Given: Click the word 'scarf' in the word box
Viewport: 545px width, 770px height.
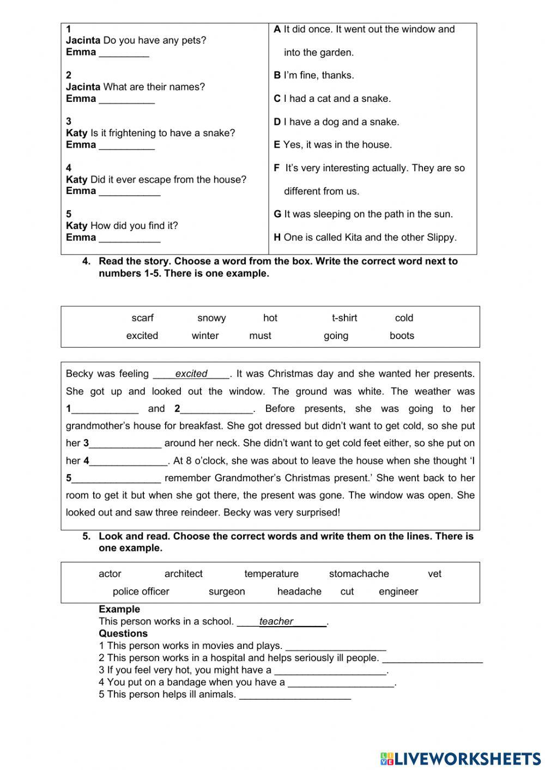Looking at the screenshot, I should pyautogui.click(x=142, y=318).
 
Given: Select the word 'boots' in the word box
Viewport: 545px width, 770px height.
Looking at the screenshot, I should pyautogui.click(x=402, y=336).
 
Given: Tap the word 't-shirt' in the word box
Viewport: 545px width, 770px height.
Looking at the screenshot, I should pyautogui.click(x=344, y=318).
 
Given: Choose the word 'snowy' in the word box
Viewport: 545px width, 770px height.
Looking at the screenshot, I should pyautogui.click(x=211, y=318).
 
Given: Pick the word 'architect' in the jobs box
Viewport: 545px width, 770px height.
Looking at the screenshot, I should pyautogui.click(x=183, y=574).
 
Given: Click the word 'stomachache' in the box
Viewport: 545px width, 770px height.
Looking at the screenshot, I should pyautogui.click(x=359, y=574).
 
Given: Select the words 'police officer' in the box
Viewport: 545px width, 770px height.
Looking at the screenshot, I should pyautogui.click(x=141, y=591).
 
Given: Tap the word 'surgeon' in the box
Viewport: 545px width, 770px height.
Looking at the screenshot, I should pyautogui.click(x=227, y=591).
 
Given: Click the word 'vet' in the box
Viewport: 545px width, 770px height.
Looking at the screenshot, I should pyautogui.click(x=434, y=574).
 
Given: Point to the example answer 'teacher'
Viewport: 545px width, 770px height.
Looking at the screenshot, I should pyautogui.click(x=276, y=621).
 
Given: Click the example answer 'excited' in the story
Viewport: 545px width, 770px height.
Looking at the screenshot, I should pyautogui.click(x=191, y=374).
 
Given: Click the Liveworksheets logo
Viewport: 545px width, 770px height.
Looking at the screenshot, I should pyautogui.click(x=461, y=757).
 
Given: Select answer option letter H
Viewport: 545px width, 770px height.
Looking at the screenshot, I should pyautogui.click(x=277, y=237).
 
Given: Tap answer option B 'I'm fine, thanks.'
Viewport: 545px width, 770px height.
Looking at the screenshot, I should pyautogui.click(x=313, y=75).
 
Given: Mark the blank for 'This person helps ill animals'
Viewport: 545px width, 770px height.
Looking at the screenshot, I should pyautogui.click(x=295, y=695).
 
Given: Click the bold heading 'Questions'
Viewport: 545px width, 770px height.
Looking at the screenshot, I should pyautogui.click(x=123, y=633).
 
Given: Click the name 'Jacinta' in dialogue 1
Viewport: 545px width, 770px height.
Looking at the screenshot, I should pyautogui.click(x=83, y=40).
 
